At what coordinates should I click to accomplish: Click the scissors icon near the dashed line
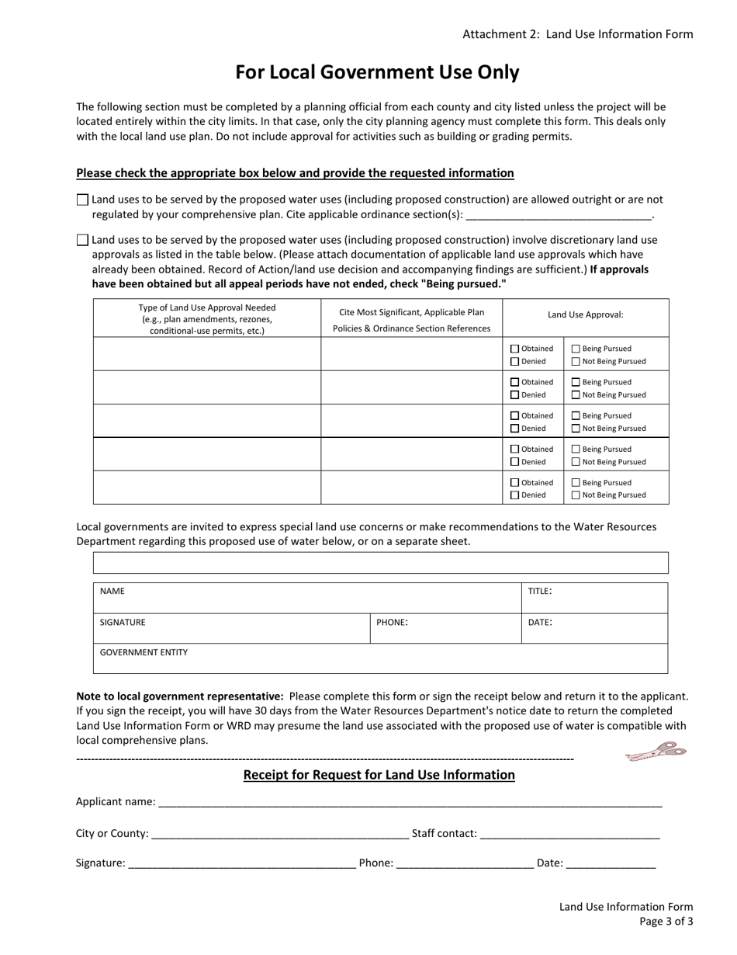pyautogui.click(x=656, y=752)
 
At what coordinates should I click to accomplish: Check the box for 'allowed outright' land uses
pyautogui.click(x=83, y=200)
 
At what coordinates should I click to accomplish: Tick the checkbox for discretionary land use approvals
pyautogui.click(x=83, y=240)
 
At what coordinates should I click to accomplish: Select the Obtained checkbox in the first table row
pyautogui.click(x=514, y=349)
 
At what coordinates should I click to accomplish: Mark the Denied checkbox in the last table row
pyautogui.click(x=514, y=495)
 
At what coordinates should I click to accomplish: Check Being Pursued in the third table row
pyautogui.click(x=576, y=415)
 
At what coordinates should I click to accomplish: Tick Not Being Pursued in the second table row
pyautogui.click(x=576, y=394)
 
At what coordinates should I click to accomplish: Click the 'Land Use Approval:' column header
pyautogui.click(x=585, y=314)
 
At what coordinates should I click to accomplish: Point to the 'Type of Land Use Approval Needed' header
pyautogui.click(x=206, y=318)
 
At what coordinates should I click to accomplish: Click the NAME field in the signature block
pyautogui.click(x=307, y=598)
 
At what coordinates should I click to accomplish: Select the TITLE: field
pyautogui.click(x=594, y=598)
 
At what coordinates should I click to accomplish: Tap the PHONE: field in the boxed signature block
pyautogui.click(x=445, y=628)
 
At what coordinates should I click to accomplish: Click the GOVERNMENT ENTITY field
pyautogui.click(x=380, y=658)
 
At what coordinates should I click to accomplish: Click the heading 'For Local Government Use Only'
pyautogui.click(x=377, y=72)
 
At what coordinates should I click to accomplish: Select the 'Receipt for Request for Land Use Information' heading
pyautogui.click(x=379, y=775)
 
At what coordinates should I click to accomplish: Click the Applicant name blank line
pyautogui.click(x=409, y=801)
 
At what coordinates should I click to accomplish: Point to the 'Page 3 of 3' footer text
pyautogui.click(x=666, y=922)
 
